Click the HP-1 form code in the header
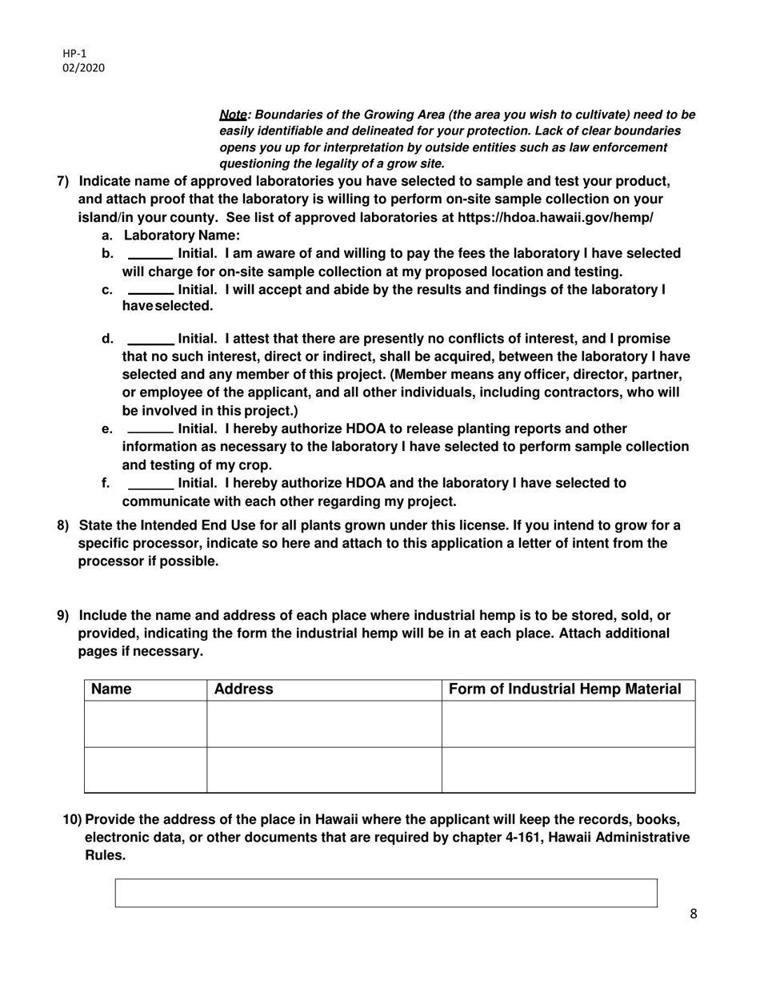pos(74,53)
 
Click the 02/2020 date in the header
pos(83,68)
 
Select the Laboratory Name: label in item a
pos(182,235)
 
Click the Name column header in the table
pos(111,689)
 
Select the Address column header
pos(244,689)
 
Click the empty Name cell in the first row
pos(145,724)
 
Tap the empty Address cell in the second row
pos(324,770)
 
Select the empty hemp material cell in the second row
pos(568,770)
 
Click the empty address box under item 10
pos(386,893)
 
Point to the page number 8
pos(694,914)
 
